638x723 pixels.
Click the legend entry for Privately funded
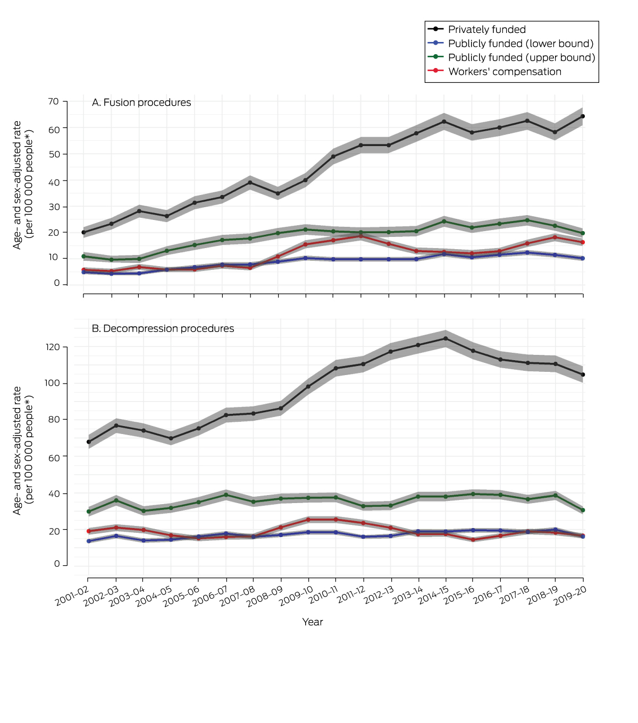click(486, 30)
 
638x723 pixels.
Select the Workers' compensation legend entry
click(505, 72)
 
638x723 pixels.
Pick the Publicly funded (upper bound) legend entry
click(521, 57)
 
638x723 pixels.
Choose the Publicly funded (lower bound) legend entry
click(521, 44)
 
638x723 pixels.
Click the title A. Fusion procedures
click(141, 103)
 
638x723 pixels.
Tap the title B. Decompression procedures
click(163, 329)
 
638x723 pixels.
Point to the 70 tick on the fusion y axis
click(53, 101)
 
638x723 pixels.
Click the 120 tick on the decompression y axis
click(53, 347)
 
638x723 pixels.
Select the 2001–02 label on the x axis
click(72, 599)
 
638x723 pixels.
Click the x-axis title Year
click(313, 622)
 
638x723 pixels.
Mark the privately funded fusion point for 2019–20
click(583, 116)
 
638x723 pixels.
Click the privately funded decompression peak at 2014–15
click(446, 338)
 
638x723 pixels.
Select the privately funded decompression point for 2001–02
click(89, 442)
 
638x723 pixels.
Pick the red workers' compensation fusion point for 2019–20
click(583, 242)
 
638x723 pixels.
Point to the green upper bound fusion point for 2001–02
click(83, 256)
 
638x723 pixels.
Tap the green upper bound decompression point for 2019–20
click(583, 510)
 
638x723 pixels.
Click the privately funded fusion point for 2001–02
click(83, 232)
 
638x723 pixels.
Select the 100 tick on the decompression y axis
click(53, 384)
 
